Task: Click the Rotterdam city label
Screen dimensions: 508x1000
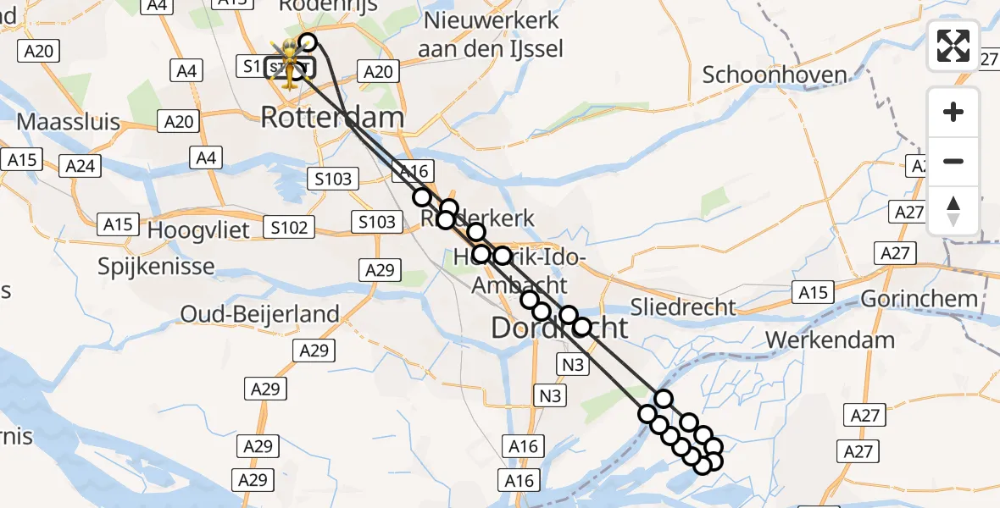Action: pyautogui.click(x=331, y=118)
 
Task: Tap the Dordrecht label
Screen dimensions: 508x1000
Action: pyautogui.click(x=560, y=329)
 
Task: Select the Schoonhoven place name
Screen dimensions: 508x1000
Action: pyautogui.click(x=775, y=75)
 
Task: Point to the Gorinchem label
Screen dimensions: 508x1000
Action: pyautogui.click(x=919, y=299)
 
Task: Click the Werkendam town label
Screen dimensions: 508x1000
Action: pyautogui.click(x=830, y=340)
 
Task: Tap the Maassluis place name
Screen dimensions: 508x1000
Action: pyautogui.click(x=69, y=122)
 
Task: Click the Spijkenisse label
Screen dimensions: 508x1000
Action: pyautogui.click(x=155, y=266)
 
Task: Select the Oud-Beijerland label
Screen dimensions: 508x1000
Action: pyautogui.click(x=259, y=314)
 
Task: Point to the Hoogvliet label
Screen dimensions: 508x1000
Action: pyautogui.click(x=198, y=230)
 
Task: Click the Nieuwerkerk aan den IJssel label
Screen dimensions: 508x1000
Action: pyautogui.click(x=490, y=35)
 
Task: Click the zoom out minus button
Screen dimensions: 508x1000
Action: pyautogui.click(x=953, y=162)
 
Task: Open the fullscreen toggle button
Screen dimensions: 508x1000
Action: pyautogui.click(x=953, y=46)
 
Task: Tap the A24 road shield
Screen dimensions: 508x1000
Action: pyautogui.click(x=81, y=166)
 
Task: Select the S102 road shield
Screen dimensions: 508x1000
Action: pyautogui.click(x=288, y=227)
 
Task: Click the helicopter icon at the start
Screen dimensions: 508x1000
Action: pyautogui.click(x=290, y=62)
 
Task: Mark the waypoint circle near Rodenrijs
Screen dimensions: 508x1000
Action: pyautogui.click(x=308, y=42)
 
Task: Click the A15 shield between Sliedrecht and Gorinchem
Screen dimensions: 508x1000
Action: pyautogui.click(x=814, y=293)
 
